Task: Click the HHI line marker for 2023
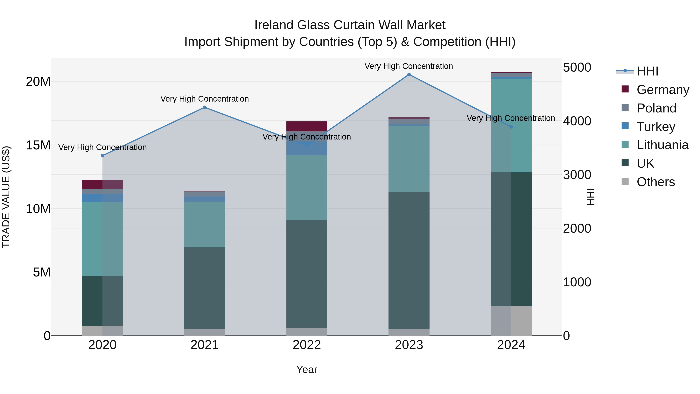tap(409, 75)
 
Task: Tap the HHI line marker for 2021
tap(205, 107)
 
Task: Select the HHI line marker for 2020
tap(102, 156)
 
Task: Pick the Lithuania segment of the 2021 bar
tap(205, 224)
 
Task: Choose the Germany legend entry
tap(662, 90)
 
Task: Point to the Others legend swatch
tap(625, 181)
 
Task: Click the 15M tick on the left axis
tap(38, 145)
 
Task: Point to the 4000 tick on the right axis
tap(577, 121)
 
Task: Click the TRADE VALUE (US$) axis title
tap(6, 197)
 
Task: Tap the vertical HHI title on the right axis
tap(591, 197)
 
